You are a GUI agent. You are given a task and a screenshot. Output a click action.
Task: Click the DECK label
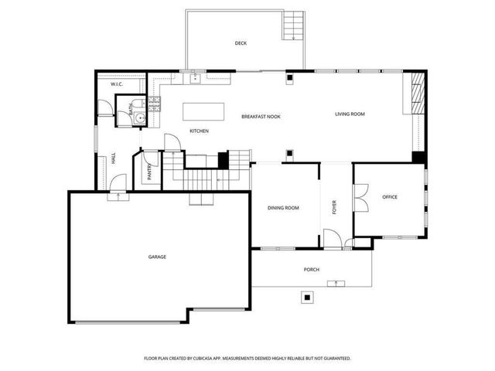pyautogui.click(x=241, y=43)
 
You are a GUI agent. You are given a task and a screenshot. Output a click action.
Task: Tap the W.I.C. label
pyautogui.click(x=117, y=83)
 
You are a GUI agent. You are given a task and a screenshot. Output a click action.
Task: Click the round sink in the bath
pyautogui.click(x=122, y=107)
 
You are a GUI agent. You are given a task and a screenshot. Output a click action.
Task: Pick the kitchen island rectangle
pyautogui.click(x=203, y=111)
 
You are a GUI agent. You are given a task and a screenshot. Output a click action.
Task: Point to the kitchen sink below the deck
pyautogui.click(x=195, y=77)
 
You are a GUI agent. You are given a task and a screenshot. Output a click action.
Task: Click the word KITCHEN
pyautogui.click(x=199, y=131)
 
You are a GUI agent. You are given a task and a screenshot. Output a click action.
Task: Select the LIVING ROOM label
pyautogui.click(x=350, y=114)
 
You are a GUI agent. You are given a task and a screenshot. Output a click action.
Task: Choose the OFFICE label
pyautogui.click(x=390, y=197)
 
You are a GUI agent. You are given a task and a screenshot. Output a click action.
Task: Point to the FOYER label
pyautogui.click(x=335, y=207)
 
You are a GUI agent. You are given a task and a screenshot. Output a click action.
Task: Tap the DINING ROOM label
pyautogui.click(x=283, y=208)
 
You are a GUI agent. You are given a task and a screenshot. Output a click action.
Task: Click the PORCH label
pyautogui.click(x=312, y=270)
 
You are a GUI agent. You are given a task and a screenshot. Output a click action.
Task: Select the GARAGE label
pyautogui.click(x=158, y=257)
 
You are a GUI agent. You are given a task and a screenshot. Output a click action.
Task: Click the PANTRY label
pyautogui.click(x=149, y=172)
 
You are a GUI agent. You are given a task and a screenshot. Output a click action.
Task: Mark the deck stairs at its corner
pyautogui.click(x=294, y=27)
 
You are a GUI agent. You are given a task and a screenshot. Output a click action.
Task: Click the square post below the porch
pyautogui.click(x=307, y=296)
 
